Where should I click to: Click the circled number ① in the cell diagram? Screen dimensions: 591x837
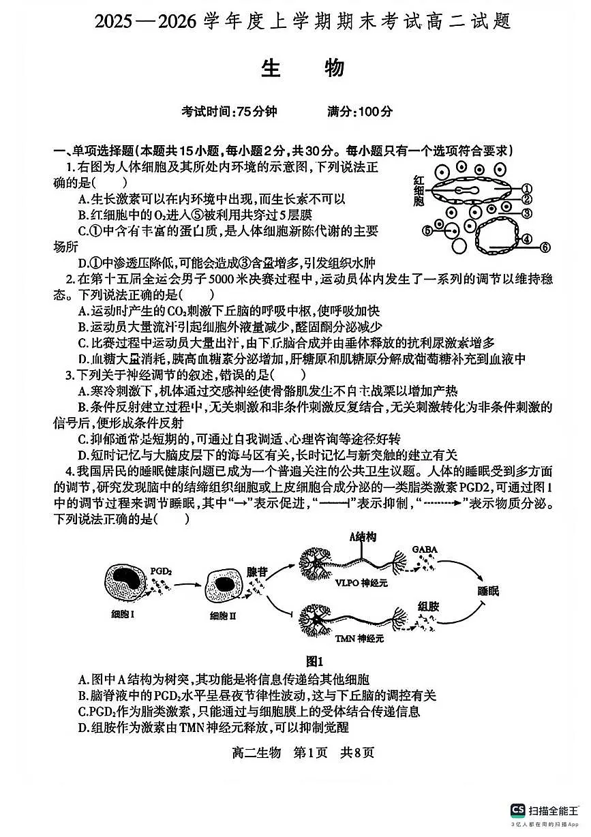[x=526, y=189]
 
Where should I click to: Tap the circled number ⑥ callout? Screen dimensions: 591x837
[x=544, y=247]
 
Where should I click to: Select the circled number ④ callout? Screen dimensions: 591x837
[x=526, y=239]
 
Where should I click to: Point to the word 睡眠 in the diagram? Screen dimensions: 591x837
[x=487, y=590]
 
